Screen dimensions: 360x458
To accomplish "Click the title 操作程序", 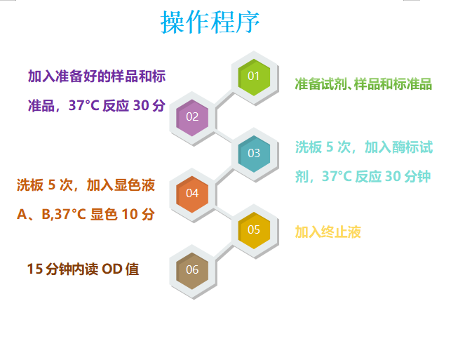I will point(210,22).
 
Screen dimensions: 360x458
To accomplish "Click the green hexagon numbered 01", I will point(254,76).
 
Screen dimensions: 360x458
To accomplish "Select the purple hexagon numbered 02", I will point(192,116).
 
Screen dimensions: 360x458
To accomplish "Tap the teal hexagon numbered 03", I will point(254,153).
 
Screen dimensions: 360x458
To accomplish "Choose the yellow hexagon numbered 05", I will point(254,229).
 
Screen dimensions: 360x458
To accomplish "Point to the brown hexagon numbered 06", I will point(192,269).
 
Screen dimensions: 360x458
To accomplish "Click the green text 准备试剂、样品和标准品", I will point(363,84).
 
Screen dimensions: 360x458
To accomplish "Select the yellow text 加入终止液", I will point(328,232).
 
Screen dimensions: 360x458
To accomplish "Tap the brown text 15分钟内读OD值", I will point(83,269).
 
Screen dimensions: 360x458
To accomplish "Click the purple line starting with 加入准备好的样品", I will point(97,76).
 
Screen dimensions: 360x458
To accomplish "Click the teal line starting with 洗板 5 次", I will point(363,147).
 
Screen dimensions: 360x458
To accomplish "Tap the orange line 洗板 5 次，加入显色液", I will point(86,185).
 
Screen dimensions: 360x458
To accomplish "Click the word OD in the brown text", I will point(113,269).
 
